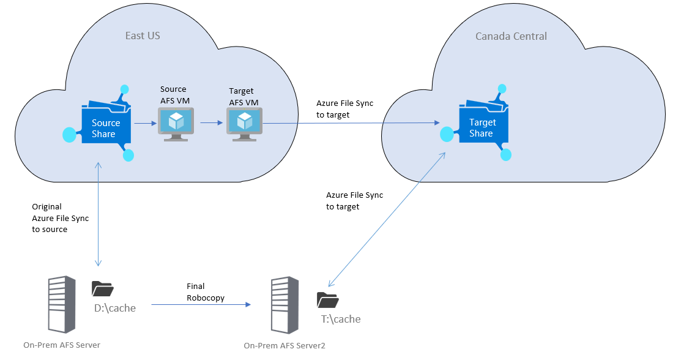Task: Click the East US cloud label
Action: click(143, 36)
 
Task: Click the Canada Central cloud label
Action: click(511, 37)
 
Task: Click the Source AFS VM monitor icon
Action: click(176, 123)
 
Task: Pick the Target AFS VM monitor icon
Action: click(244, 123)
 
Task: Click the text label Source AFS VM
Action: click(173, 94)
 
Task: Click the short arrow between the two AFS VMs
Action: click(211, 123)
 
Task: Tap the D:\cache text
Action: click(114, 308)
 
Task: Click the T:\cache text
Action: click(341, 319)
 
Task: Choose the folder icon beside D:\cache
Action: click(102, 289)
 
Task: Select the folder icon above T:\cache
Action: click(327, 300)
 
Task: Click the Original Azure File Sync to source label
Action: click(49, 218)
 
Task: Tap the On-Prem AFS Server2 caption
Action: click(285, 346)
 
